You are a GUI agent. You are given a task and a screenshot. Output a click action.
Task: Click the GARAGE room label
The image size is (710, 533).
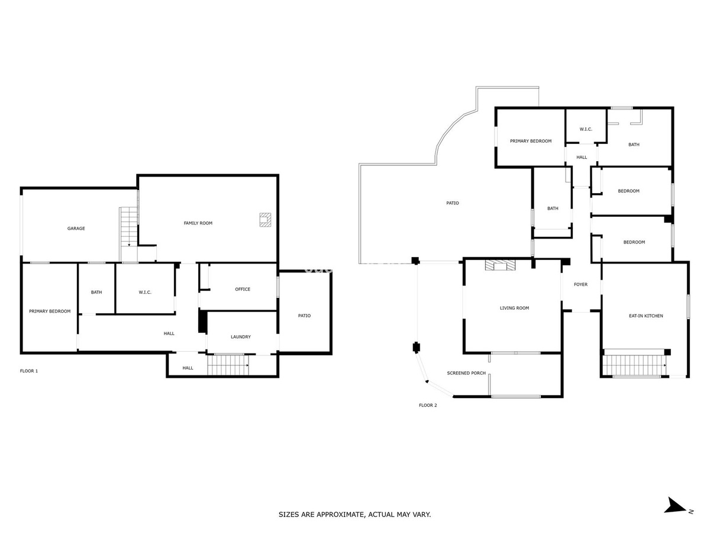pos(76,229)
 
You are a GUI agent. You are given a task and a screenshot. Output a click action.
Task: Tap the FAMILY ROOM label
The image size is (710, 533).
pos(198,223)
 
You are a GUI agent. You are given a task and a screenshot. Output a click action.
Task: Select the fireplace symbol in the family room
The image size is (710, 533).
pos(265,220)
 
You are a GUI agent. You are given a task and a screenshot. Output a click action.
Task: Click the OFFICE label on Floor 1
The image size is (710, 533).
pos(243,290)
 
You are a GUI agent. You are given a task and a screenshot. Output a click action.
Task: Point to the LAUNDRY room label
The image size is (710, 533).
pos(241,337)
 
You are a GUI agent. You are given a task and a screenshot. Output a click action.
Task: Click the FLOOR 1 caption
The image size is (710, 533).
pos(29,371)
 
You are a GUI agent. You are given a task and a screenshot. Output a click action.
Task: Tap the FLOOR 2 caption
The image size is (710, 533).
pos(428,405)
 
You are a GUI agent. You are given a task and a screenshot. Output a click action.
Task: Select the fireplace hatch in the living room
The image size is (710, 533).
pos(500,264)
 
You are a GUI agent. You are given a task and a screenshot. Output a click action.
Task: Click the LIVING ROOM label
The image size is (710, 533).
pos(514,308)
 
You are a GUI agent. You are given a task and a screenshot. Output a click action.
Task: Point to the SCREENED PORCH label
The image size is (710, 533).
pos(466,373)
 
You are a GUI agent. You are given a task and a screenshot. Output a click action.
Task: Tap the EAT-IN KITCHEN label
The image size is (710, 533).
pos(646,316)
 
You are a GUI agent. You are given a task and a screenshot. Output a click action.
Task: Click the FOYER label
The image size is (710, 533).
pos(580,284)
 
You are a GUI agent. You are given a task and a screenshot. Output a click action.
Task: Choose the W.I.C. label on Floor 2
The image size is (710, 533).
pos(586,129)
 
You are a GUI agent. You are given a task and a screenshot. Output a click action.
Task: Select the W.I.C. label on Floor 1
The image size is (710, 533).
pos(145,292)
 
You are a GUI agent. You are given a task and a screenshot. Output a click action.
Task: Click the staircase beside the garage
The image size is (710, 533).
pos(129,235)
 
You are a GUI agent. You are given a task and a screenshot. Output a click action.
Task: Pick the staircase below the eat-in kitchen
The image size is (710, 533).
pos(635,365)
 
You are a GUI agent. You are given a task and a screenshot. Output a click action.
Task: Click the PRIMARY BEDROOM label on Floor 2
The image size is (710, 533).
pos(531,141)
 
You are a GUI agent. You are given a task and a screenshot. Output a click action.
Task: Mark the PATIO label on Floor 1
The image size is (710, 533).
pos(304,316)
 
